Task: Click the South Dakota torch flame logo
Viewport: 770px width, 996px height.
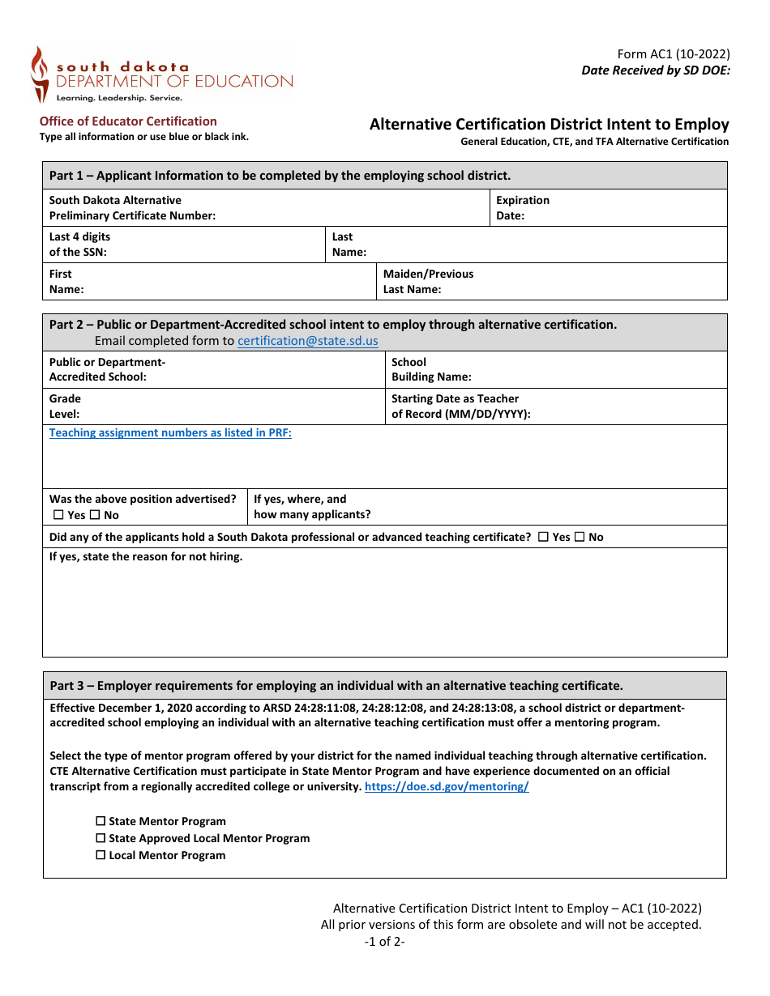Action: (39, 74)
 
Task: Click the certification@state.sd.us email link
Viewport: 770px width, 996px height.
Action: (307, 341)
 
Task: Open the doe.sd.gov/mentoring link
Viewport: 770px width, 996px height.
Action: (447, 786)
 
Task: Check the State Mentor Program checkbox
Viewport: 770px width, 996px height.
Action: (101, 821)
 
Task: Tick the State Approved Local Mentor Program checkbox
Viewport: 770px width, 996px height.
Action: (101, 838)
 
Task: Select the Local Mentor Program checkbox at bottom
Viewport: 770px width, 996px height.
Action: (101, 855)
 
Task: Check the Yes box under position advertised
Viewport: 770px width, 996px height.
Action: (58, 515)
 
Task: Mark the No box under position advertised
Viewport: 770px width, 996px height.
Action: (94, 515)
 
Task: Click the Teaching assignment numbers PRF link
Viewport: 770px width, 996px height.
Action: (170, 432)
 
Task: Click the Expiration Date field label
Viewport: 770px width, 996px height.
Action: (522, 208)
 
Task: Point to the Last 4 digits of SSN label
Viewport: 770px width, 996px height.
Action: (79, 245)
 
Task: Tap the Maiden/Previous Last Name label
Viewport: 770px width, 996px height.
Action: (428, 282)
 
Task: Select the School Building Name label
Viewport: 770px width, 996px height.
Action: (431, 369)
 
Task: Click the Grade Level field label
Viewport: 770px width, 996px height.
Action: (65, 406)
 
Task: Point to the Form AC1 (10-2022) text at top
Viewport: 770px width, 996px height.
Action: (674, 54)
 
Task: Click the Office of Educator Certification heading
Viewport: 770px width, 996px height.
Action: (128, 121)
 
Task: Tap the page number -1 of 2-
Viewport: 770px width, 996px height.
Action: (384, 941)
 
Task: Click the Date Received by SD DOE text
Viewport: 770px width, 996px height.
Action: (656, 70)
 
